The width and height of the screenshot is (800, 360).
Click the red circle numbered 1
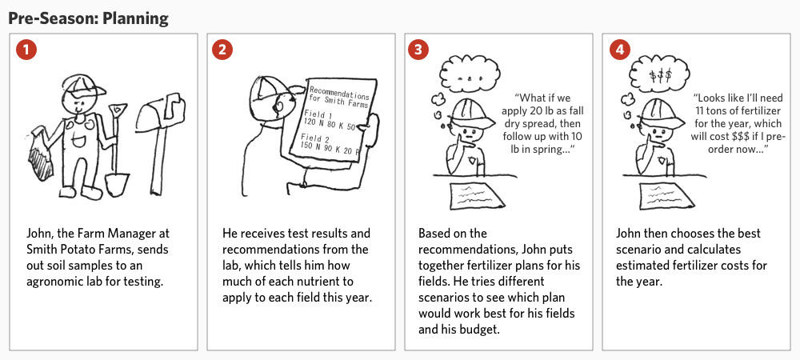pyautogui.click(x=26, y=50)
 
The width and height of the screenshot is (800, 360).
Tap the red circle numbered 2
pyautogui.click(x=222, y=50)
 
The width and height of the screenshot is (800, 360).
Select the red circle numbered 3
pyautogui.click(x=418, y=50)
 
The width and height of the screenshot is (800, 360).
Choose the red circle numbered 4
pyautogui.click(x=620, y=50)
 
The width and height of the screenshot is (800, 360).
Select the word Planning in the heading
pyautogui.click(x=135, y=19)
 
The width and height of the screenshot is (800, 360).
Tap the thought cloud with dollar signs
pyautogui.click(x=659, y=75)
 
